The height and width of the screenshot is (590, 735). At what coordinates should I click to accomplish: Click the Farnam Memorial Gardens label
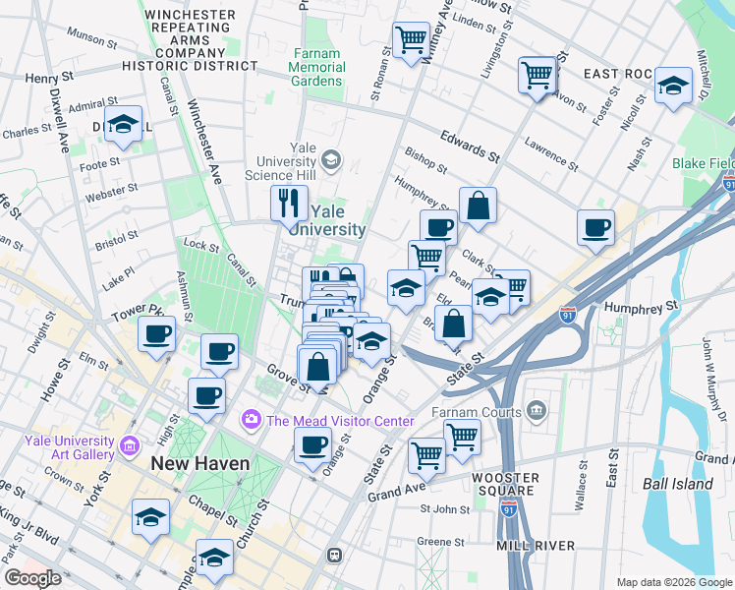click(x=319, y=68)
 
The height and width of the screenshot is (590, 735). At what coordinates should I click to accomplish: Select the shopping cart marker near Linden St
click(x=410, y=39)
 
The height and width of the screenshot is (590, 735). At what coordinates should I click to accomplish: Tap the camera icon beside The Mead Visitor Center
click(x=253, y=421)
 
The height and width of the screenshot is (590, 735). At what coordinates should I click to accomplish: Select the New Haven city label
click(x=199, y=463)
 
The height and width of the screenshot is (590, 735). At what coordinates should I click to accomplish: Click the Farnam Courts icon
click(x=537, y=408)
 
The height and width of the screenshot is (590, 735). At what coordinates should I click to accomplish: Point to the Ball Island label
click(x=678, y=484)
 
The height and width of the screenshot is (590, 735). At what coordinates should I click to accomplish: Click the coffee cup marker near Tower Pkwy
click(x=156, y=333)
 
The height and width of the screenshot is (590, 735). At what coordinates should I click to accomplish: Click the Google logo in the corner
click(x=32, y=578)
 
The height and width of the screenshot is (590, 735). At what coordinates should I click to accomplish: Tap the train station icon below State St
click(x=334, y=555)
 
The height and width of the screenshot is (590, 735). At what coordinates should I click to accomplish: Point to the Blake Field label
click(x=702, y=163)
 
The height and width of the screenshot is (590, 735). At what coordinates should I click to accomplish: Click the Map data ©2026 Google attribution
click(x=673, y=582)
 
